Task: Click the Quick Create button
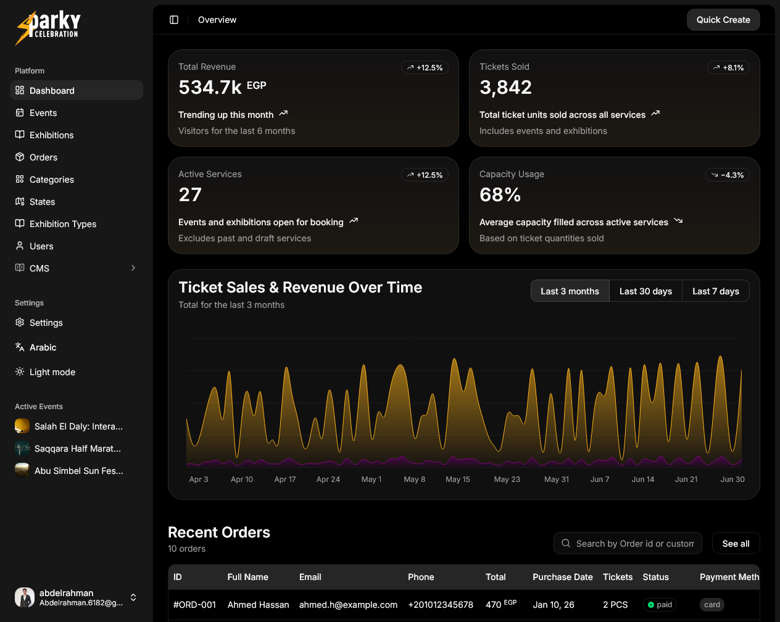723,20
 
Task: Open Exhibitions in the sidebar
51,135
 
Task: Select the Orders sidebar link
43,157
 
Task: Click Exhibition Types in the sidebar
62,224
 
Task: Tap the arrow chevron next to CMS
133,268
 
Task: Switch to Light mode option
52,372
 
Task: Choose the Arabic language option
43,347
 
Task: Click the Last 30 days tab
645,291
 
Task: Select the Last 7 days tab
715,291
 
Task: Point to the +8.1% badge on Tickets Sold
728,68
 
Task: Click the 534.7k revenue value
210,88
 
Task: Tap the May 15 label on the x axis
458,479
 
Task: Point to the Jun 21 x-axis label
686,479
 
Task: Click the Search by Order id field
634,544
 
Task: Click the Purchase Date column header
562,577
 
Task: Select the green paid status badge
660,605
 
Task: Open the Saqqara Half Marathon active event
77,449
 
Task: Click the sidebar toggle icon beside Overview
174,20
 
